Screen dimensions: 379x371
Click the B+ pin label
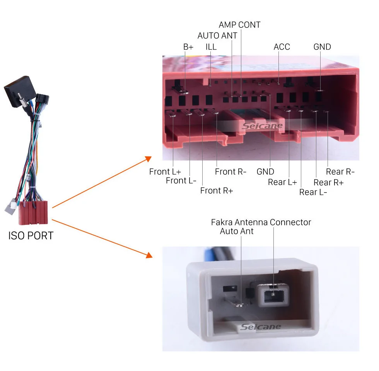[188, 47]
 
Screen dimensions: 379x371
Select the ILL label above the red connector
[211, 47]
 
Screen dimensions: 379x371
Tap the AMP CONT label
[239, 25]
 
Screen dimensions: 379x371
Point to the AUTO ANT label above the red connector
[217, 36]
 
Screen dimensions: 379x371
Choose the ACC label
[282, 47]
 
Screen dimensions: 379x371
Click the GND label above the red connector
[322, 47]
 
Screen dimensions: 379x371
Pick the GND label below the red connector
[265, 172]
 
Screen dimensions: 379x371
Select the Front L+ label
[165, 172]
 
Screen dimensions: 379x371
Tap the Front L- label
[181, 180]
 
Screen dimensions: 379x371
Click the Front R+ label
[217, 191]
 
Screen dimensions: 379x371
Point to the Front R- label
[230, 172]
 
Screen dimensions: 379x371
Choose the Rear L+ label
[282, 182]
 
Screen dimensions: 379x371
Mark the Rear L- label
[313, 192]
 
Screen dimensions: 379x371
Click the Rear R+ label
[328, 182]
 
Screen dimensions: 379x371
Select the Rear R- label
[340, 172]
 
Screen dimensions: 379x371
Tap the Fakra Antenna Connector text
[261, 222]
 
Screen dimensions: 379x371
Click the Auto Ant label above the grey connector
[237, 231]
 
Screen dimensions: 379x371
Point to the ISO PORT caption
[31, 235]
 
